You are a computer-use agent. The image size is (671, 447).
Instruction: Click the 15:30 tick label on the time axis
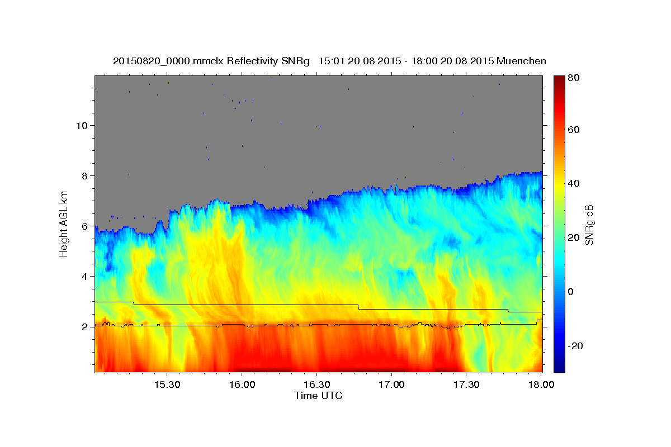[167, 385]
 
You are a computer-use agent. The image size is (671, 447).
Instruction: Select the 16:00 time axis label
[242, 385]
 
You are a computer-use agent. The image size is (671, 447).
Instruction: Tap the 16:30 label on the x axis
[316, 385]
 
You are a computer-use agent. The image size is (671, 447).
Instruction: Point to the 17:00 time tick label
[391, 385]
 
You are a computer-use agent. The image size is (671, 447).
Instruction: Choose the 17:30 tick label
[466, 385]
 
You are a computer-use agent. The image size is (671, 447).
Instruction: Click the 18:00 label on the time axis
[541, 385]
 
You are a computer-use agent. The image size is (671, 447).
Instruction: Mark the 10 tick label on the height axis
[82, 125]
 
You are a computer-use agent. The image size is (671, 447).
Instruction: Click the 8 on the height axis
[84, 175]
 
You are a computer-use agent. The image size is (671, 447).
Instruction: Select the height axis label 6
[84, 226]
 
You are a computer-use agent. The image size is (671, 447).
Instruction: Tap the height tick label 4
[84, 277]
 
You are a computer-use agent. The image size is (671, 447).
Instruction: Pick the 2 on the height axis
[84, 327]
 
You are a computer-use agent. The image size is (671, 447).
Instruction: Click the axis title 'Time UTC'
[318, 396]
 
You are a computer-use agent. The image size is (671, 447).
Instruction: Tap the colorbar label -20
[575, 346]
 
